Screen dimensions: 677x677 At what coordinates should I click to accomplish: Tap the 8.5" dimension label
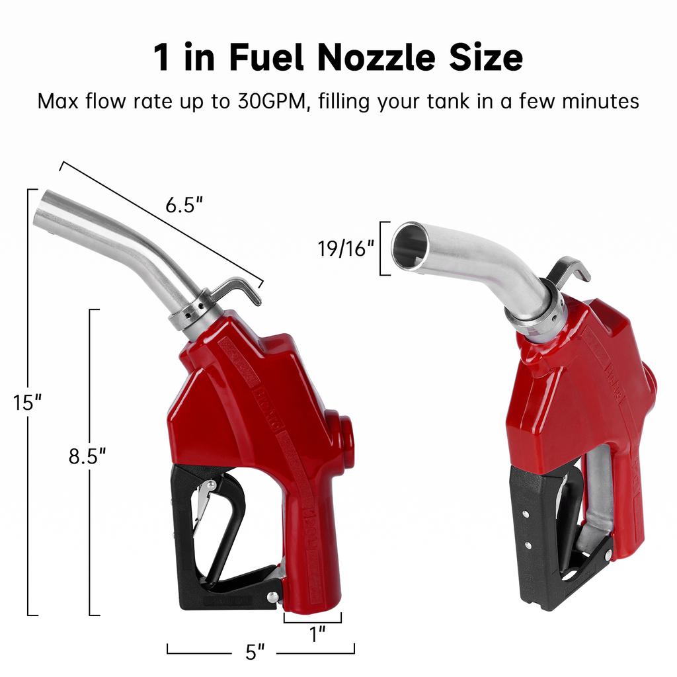pyautogui.click(x=87, y=456)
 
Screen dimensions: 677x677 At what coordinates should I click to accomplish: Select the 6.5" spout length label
pyautogui.click(x=183, y=206)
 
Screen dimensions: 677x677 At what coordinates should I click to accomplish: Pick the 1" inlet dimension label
pyautogui.click(x=318, y=635)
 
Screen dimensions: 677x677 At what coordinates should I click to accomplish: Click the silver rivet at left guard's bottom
pyautogui.click(x=272, y=597)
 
